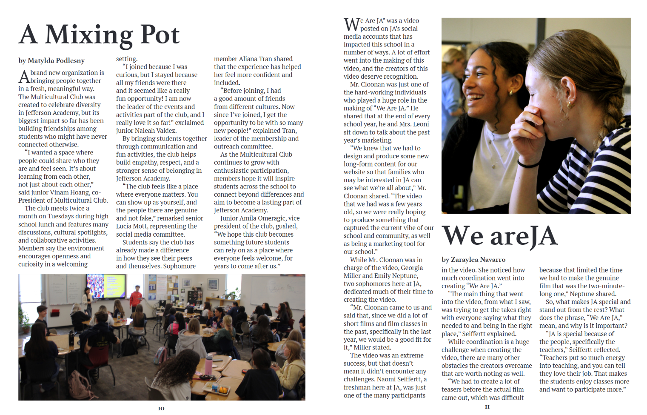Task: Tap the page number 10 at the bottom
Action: click(x=161, y=408)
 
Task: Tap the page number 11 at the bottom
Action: click(x=487, y=407)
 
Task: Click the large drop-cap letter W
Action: click(x=351, y=25)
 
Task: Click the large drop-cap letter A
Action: click(x=24, y=77)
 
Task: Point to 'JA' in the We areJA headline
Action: click(x=538, y=236)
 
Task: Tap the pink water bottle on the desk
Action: click(x=209, y=365)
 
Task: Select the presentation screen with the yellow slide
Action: click(x=105, y=286)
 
